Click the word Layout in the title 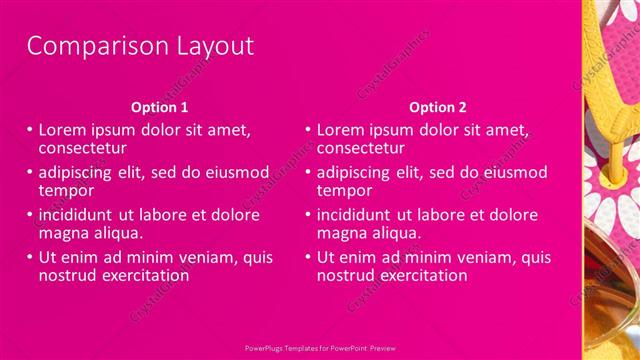tap(204, 46)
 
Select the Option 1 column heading tap(159, 107)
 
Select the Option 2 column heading tap(437, 107)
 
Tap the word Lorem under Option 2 tap(345, 130)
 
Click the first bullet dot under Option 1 tap(29, 130)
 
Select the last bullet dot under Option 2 tap(307, 258)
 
